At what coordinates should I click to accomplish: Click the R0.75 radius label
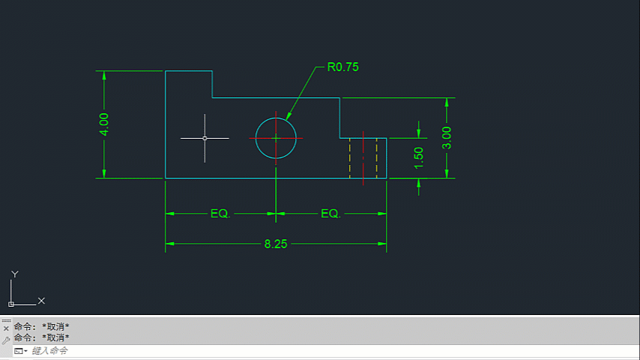(343, 67)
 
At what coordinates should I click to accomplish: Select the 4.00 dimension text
(104, 124)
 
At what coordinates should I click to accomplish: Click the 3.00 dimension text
(447, 138)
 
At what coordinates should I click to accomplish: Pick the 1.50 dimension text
(419, 157)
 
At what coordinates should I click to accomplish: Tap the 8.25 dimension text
(276, 244)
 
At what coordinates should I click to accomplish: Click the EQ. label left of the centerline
(220, 213)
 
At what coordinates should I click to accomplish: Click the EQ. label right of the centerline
(330, 213)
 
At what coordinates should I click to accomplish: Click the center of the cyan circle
(276, 138)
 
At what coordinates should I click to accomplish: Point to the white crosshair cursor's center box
(205, 138)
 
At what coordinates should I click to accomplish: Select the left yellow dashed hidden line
(350, 158)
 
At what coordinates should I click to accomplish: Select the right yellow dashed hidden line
(377, 158)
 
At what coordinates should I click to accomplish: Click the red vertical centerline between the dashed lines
(363, 158)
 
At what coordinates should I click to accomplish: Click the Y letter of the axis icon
(15, 274)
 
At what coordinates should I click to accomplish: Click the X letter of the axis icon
(41, 301)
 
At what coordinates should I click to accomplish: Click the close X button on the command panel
(6, 328)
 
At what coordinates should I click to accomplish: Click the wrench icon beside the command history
(6, 340)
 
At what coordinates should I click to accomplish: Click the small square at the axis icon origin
(11, 304)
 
